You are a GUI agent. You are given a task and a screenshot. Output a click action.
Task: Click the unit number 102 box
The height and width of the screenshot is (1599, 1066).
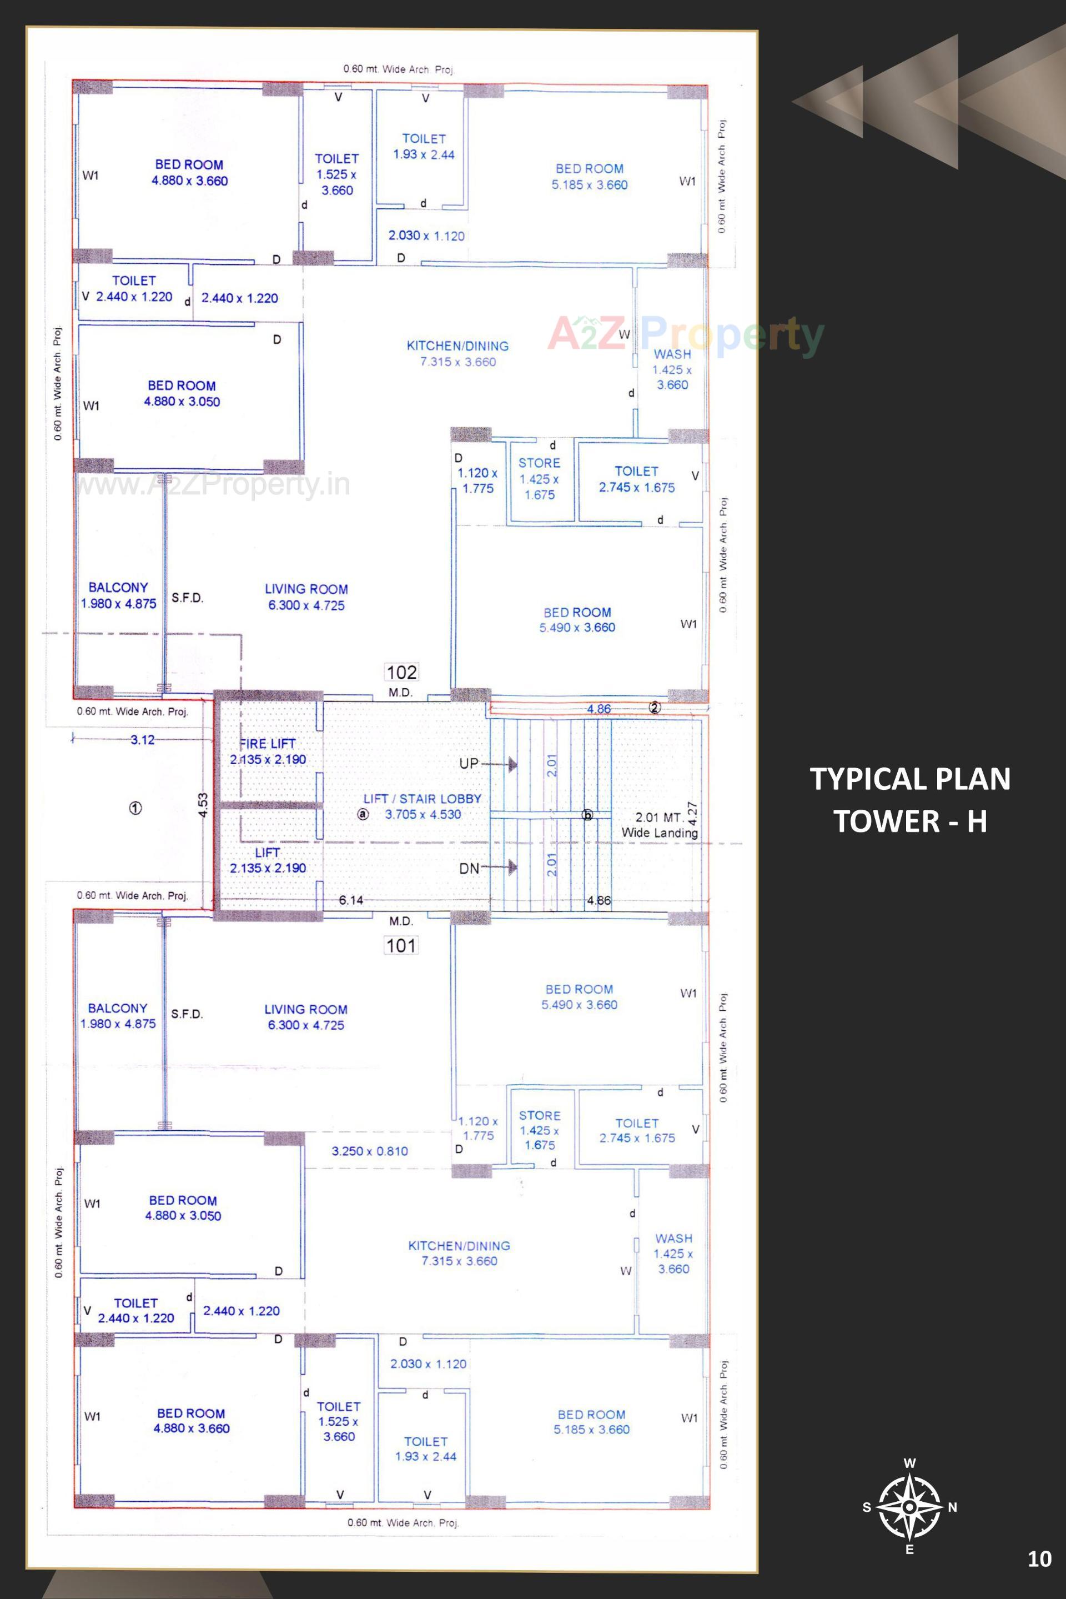click(x=401, y=673)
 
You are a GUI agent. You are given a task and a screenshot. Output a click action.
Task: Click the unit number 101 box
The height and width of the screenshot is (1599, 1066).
click(x=400, y=945)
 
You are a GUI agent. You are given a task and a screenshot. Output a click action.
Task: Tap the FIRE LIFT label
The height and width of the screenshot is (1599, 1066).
click(x=267, y=743)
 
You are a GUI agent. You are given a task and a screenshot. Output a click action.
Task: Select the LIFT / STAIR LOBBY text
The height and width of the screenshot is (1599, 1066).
click(x=422, y=799)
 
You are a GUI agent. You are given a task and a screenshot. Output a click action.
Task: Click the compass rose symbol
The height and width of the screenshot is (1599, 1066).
click(x=909, y=1507)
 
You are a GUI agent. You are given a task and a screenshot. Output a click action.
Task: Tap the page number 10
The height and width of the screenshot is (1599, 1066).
click(x=1039, y=1559)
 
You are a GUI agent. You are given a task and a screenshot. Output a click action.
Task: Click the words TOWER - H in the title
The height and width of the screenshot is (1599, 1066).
click(x=909, y=821)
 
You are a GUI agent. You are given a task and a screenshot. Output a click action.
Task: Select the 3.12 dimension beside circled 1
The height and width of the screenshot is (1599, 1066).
click(x=142, y=739)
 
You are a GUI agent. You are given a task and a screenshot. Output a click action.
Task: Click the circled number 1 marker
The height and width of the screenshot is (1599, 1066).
click(x=135, y=808)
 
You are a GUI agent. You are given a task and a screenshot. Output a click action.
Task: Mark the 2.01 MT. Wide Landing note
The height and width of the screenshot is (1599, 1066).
click(x=659, y=825)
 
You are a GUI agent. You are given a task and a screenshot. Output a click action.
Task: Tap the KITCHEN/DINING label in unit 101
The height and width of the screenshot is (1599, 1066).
click(x=459, y=1245)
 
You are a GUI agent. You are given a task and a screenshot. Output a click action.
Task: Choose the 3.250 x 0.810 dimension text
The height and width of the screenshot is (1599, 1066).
click(x=370, y=1151)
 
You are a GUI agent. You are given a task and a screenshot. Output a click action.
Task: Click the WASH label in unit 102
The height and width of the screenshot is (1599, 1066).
click(x=672, y=354)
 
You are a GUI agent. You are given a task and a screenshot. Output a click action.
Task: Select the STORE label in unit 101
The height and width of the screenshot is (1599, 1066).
click(x=540, y=1115)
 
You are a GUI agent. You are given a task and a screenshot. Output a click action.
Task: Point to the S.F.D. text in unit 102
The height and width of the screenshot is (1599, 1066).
click(x=187, y=598)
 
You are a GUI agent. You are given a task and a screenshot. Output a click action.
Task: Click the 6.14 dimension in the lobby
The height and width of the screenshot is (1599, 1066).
click(x=351, y=900)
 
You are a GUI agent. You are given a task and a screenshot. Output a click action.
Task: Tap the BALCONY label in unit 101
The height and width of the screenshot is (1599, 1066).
click(x=118, y=1008)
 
